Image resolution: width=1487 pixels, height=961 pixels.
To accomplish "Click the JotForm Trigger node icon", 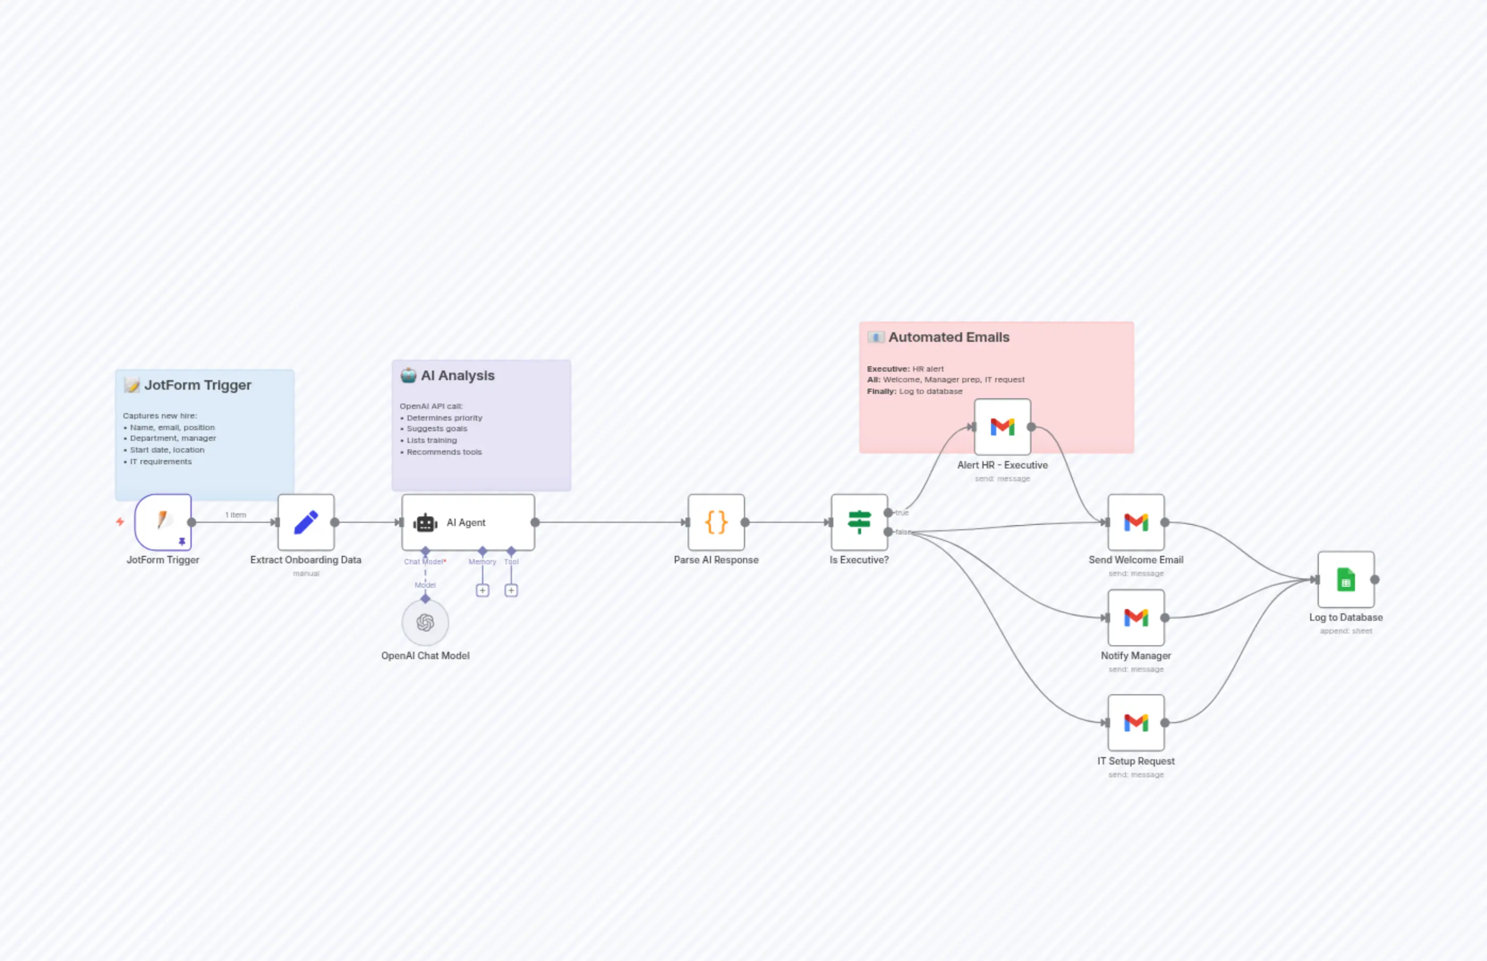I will point(163,522).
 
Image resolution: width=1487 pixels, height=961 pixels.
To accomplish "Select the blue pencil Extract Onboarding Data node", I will point(305,522).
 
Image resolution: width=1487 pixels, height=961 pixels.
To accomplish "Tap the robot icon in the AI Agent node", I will point(425,523).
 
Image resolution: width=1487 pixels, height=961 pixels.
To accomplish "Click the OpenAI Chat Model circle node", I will point(425,622).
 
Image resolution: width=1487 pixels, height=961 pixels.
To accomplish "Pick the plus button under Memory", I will point(482,590).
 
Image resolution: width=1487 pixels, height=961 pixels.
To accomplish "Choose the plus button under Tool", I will point(511,590).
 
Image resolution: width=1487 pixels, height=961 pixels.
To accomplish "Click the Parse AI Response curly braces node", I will point(716,522).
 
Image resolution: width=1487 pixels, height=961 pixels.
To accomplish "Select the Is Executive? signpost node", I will point(859,522).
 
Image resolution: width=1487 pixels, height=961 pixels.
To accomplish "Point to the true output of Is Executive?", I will point(888,513).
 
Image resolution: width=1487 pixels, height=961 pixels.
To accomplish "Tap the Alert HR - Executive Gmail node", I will point(1002,427).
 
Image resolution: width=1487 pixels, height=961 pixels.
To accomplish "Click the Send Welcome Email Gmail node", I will point(1136,522).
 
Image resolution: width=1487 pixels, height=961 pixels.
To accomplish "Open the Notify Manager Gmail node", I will point(1136,618).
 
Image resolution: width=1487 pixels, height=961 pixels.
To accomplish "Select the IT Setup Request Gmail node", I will point(1136,722).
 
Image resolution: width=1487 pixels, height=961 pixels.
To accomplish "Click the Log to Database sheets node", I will point(1346,580).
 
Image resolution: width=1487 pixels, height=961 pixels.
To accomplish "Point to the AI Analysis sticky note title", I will point(457,376).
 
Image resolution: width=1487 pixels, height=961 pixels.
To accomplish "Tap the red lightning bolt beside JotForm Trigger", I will point(120,522).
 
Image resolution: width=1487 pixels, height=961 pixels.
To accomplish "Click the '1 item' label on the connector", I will point(236,515).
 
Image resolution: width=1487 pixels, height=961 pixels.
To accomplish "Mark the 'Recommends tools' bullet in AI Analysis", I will point(444,452).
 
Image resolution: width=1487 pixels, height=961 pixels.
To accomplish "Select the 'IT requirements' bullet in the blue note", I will point(160,462).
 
